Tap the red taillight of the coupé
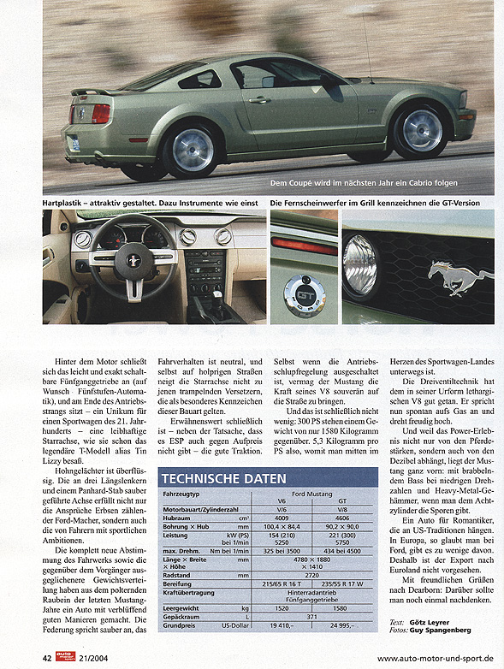point(101,113)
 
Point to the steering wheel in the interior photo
point(132,256)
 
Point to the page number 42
point(48,657)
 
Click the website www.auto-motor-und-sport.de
point(435,658)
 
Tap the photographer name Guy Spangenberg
point(439,631)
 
